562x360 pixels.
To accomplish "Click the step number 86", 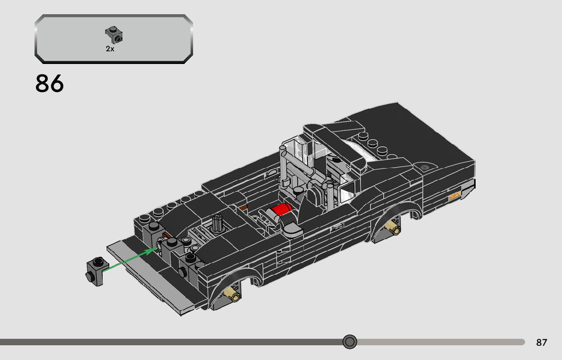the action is (49, 84).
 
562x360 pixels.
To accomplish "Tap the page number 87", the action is (542, 342).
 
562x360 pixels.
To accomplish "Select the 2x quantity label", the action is (110, 49).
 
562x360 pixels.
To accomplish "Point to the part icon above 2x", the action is (114, 35).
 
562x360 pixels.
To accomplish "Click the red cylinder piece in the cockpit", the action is (281, 209).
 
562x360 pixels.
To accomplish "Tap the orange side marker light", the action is (454, 195).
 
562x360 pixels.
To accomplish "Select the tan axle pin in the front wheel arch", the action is (232, 294).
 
